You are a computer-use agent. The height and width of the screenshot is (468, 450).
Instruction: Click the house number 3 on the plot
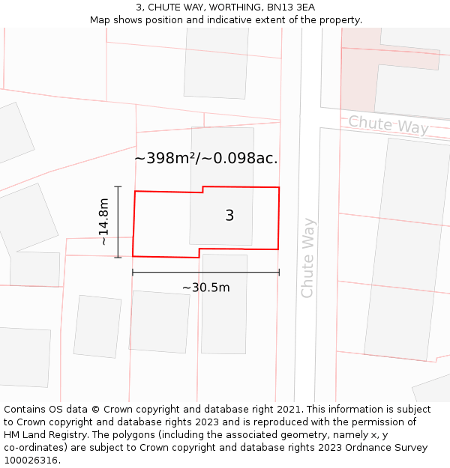[229, 216]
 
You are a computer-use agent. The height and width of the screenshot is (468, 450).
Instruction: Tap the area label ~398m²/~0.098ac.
[206, 159]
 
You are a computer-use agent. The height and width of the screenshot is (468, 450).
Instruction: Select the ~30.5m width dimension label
[205, 288]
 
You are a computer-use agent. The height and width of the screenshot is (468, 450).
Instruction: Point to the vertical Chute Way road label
[307, 258]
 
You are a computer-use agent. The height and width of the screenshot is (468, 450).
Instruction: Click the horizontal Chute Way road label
[388, 124]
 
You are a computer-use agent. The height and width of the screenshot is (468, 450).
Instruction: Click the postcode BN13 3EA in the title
[291, 7]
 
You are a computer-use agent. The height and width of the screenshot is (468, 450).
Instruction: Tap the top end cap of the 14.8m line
[118, 186]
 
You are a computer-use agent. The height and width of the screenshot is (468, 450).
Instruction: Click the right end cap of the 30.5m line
[279, 273]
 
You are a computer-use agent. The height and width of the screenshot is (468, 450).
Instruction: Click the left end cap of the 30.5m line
[133, 273]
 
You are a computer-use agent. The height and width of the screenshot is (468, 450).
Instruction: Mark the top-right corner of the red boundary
[279, 187]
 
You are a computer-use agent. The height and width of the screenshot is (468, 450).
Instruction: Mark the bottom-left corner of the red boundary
[133, 256]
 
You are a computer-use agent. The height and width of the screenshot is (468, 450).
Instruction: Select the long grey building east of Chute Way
[397, 247]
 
